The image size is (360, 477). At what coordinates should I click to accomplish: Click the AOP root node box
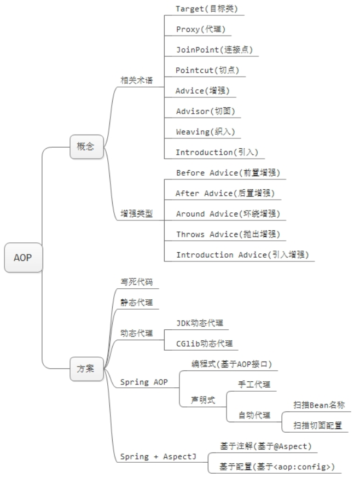pyautogui.click(x=23, y=257)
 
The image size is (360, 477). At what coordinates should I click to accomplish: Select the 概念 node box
pyautogui.click(x=86, y=148)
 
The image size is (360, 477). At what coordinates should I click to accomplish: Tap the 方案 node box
pyautogui.click(x=86, y=368)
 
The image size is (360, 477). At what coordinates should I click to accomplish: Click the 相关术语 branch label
pyautogui.click(x=137, y=80)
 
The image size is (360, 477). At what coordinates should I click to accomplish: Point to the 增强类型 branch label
pyautogui.click(x=137, y=213)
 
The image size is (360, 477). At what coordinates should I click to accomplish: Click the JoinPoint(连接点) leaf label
pyautogui.click(x=214, y=50)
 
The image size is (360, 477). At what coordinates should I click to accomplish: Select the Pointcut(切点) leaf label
pyautogui.click(x=207, y=70)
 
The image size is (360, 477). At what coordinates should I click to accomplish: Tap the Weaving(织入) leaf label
pyautogui.click(x=207, y=132)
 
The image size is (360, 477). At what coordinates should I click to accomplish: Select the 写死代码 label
pyautogui.click(x=137, y=282)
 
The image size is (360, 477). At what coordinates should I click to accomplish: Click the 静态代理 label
pyautogui.click(x=137, y=302)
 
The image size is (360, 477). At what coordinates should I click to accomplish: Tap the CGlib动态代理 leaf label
pyautogui.click(x=204, y=344)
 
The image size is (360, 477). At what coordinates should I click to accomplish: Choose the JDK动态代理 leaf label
pyautogui.click(x=199, y=323)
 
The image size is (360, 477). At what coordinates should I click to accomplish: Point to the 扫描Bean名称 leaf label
pyautogui.click(x=319, y=405)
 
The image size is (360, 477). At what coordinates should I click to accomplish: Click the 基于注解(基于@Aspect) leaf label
pyautogui.click(x=265, y=446)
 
